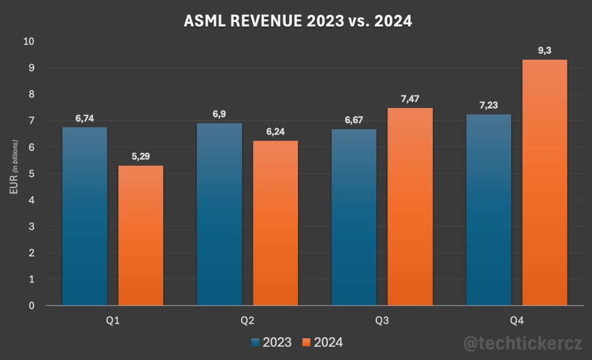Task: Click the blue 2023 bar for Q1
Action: [84, 216]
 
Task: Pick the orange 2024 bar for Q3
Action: [410, 207]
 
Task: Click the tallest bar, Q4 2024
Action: [545, 182]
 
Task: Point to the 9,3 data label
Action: [545, 50]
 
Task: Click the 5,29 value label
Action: [141, 156]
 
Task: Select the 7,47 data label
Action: [410, 99]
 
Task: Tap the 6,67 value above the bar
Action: [354, 120]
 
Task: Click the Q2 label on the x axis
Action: [247, 321]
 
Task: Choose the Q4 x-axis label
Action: [517, 321]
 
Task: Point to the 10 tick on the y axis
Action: [29, 41]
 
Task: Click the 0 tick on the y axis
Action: [32, 306]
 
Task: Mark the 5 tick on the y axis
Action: [32, 174]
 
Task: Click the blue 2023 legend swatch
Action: [256, 342]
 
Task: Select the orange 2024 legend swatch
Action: [306, 342]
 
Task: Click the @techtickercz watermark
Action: [523, 343]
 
